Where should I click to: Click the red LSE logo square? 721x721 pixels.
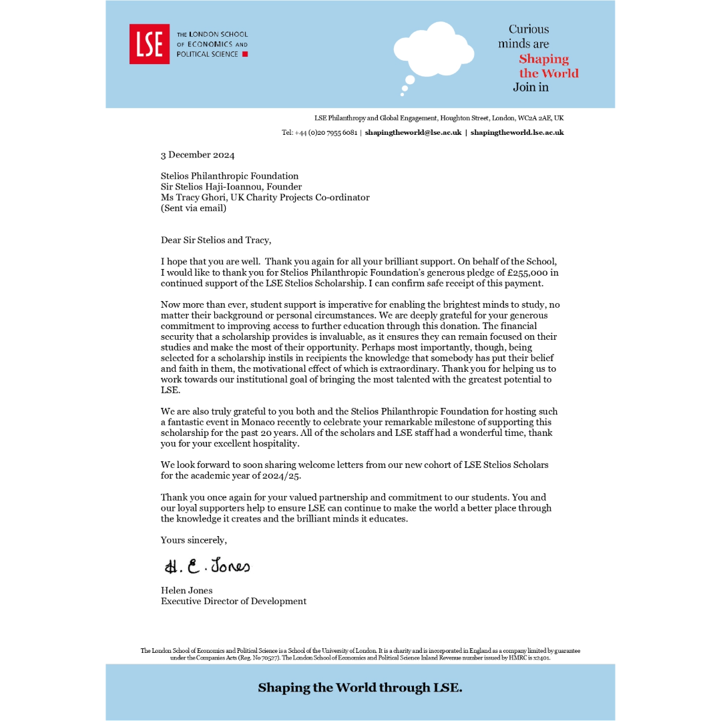pyautogui.click(x=149, y=44)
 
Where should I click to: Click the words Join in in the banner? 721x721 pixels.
pyautogui.click(x=531, y=87)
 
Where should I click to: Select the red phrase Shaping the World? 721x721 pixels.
pyautogui.click(x=548, y=66)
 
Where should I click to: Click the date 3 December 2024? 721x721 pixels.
pyautogui.click(x=198, y=155)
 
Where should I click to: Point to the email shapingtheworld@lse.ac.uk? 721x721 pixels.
pyautogui.click(x=413, y=132)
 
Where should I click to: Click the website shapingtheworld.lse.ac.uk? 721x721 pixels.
pyautogui.click(x=517, y=132)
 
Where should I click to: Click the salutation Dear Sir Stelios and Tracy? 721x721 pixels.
pyautogui.click(x=216, y=240)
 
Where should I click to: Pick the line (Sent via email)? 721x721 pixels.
pyautogui.click(x=194, y=208)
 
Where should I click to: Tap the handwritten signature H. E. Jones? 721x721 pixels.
pyautogui.click(x=207, y=566)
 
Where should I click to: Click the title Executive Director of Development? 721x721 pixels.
pyautogui.click(x=234, y=601)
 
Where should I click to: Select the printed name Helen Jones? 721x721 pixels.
pyautogui.click(x=186, y=590)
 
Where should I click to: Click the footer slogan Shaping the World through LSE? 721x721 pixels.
pyautogui.click(x=360, y=688)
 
